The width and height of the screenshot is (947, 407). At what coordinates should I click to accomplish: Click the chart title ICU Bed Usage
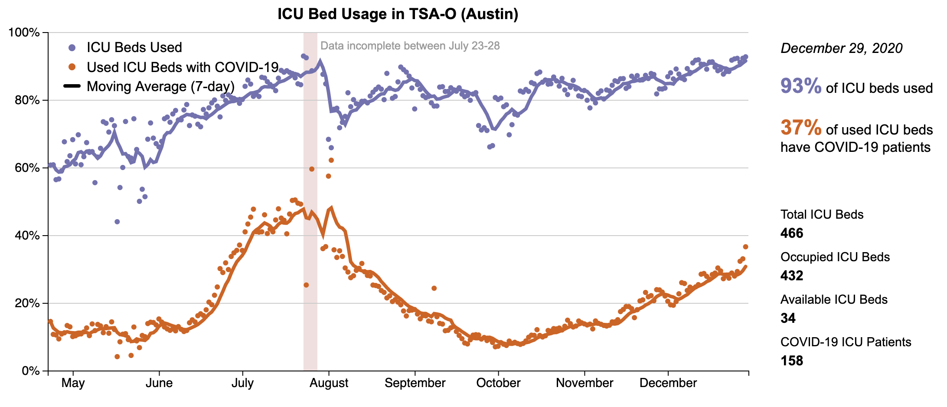click(x=398, y=14)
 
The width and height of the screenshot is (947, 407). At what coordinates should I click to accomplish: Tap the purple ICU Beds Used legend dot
click(x=72, y=47)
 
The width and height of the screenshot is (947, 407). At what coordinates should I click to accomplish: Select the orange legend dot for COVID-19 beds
click(x=72, y=67)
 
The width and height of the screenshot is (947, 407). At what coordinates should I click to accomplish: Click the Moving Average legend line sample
click(x=72, y=86)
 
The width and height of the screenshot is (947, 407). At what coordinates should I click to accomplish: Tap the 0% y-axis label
click(x=31, y=371)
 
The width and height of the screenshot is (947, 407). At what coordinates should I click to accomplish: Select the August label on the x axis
click(x=329, y=383)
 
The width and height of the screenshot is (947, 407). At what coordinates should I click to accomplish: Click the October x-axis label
click(x=498, y=383)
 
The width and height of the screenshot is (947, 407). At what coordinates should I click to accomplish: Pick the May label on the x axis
click(x=73, y=383)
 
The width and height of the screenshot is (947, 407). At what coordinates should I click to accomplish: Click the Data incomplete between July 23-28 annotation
click(x=410, y=46)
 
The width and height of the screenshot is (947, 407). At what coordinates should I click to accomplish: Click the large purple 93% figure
click(x=800, y=86)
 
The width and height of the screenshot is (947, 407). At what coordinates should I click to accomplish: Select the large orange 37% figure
click(x=800, y=128)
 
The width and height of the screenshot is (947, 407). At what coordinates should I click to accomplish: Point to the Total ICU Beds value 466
click(x=792, y=233)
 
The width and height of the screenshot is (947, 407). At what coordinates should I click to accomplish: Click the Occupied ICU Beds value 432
click(x=792, y=276)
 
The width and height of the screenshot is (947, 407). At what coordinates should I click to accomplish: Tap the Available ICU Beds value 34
click(x=788, y=318)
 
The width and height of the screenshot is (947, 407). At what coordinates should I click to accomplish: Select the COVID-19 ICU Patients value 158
click(x=792, y=361)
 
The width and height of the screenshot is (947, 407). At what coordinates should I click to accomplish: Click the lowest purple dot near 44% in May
click(x=117, y=222)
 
